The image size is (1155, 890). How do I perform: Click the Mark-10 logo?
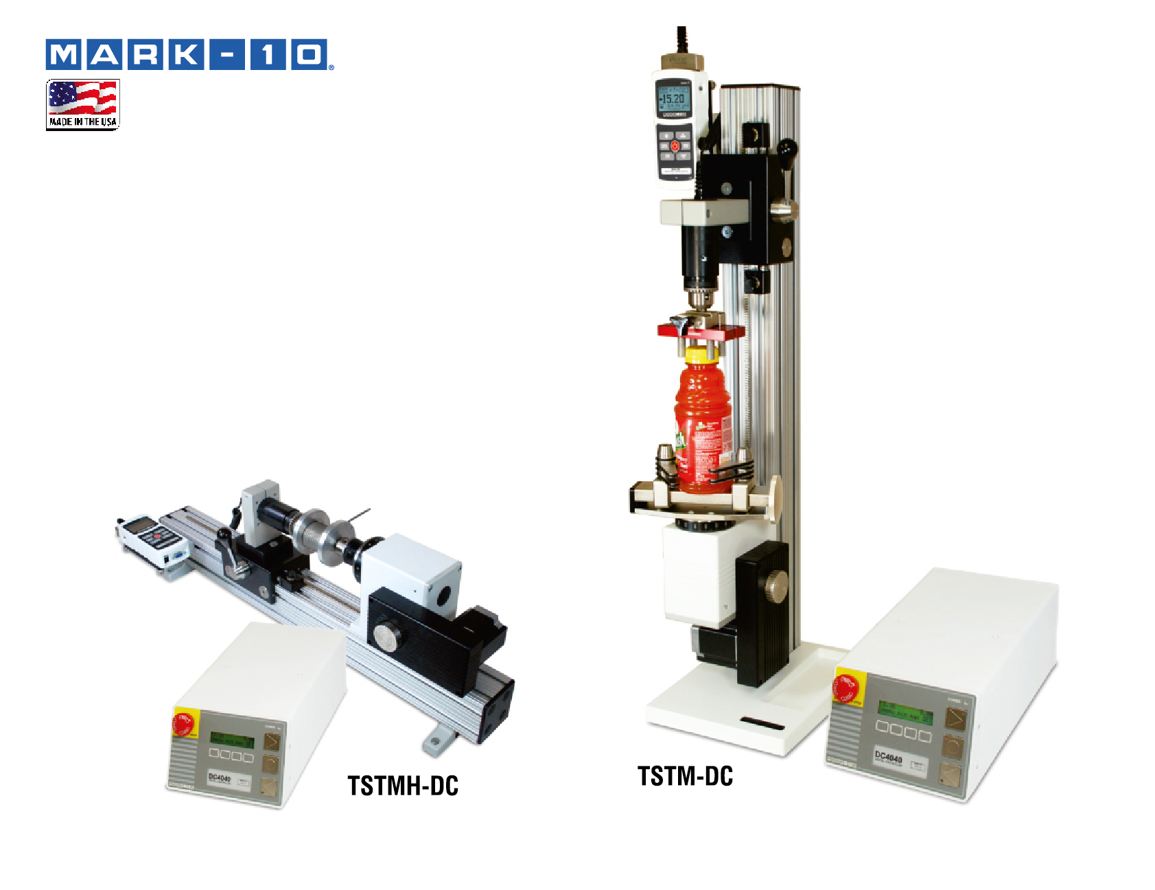coord(189,55)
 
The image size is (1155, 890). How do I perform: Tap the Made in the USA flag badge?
coord(83,104)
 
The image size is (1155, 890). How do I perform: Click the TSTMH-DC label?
coord(403,786)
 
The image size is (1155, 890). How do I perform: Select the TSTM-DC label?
coord(685,776)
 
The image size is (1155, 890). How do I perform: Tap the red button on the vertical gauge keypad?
coord(675,145)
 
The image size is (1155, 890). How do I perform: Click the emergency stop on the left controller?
coord(184,723)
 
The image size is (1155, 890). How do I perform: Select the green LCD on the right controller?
coord(905,712)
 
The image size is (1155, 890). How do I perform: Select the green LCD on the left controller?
coord(231,740)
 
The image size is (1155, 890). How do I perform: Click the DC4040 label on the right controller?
coord(888,758)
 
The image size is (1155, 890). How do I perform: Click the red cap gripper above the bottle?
coord(700,331)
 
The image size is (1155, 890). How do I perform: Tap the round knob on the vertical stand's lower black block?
coord(775,587)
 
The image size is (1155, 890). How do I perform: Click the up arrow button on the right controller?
coord(955,718)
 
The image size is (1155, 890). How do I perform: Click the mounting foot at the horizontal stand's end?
coord(437,741)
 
